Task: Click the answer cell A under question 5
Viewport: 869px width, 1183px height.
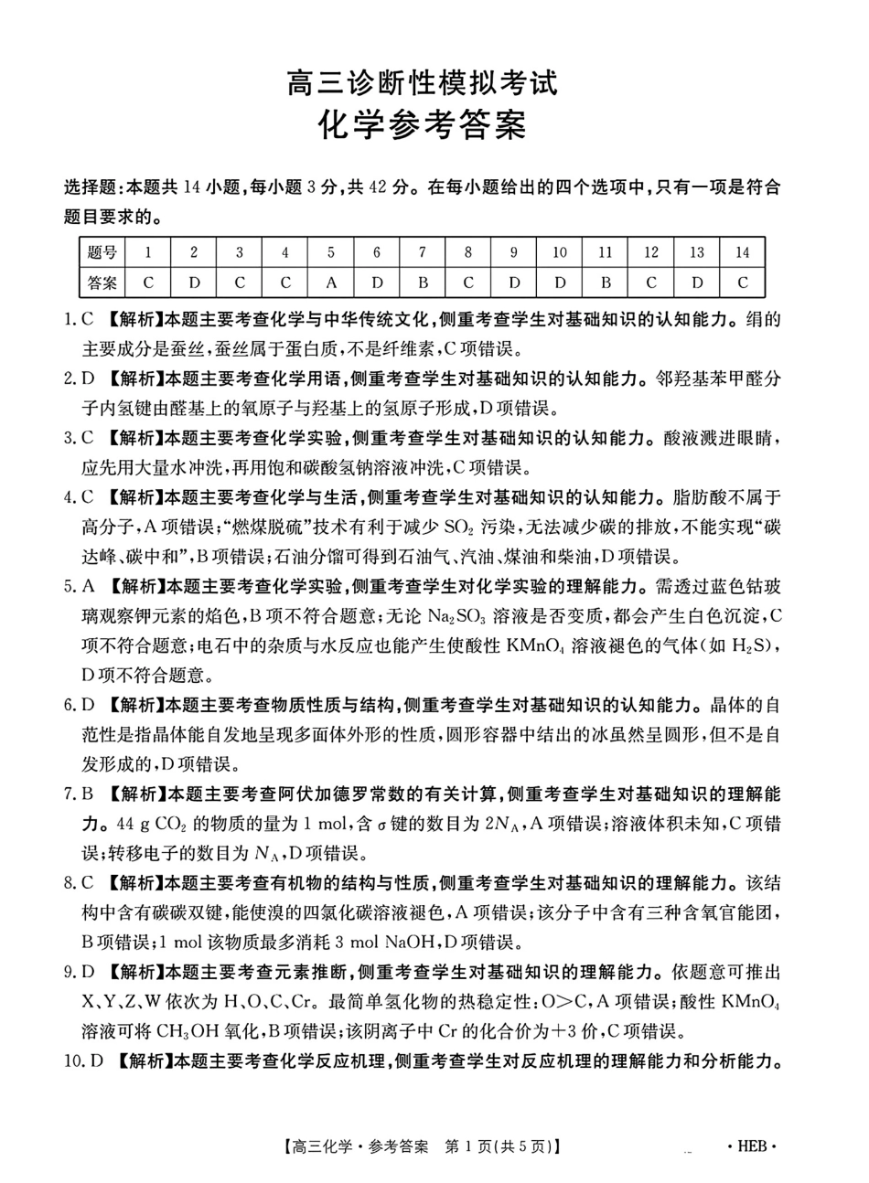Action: (x=331, y=283)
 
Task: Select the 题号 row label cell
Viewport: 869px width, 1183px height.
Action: (x=102, y=253)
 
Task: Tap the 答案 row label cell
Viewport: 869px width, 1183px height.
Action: (x=102, y=283)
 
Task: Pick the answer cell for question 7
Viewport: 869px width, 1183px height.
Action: (x=423, y=283)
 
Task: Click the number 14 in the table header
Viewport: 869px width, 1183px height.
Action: (x=742, y=253)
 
